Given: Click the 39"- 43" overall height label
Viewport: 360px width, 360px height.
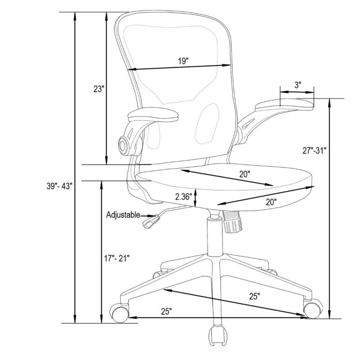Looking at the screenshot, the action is click(x=59, y=186).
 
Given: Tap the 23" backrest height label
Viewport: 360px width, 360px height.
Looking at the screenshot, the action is click(x=99, y=89).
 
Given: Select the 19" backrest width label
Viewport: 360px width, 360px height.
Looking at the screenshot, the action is click(x=183, y=61).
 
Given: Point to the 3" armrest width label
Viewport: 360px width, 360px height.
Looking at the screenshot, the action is click(x=298, y=85).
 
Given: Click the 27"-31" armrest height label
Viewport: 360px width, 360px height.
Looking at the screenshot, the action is click(x=314, y=151).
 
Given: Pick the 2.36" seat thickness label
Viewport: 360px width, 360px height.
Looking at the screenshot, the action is click(x=183, y=197).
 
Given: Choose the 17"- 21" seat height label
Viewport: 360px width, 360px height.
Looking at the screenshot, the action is click(x=117, y=258).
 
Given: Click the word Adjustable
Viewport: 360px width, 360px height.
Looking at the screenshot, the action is click(x=123, y=215).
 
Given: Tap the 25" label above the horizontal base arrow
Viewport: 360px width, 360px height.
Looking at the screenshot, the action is click(x=166, y=311).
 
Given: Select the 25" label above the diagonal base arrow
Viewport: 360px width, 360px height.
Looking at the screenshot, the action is click(x=255, y=296).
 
